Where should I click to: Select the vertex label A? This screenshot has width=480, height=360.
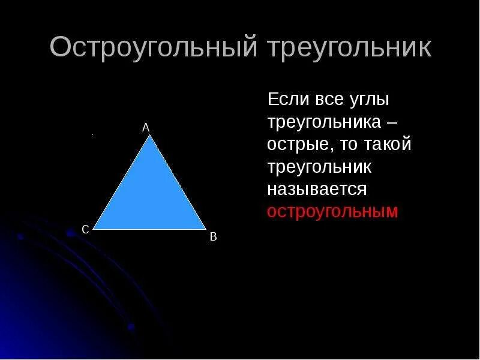point(146,127)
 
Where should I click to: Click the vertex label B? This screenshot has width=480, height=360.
point(213,237)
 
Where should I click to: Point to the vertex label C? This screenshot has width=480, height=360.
point(85,229)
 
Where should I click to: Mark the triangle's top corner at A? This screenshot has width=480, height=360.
point(151,136)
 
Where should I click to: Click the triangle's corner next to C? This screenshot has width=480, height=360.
point(95,229)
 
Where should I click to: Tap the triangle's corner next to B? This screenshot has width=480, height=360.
point(205,229)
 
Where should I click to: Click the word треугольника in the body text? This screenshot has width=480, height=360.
point(323,123)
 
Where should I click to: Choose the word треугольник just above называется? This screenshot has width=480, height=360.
point(320,167)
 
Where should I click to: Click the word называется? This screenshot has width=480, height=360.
point(316,190)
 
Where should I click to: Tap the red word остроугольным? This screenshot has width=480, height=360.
point(332,212)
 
